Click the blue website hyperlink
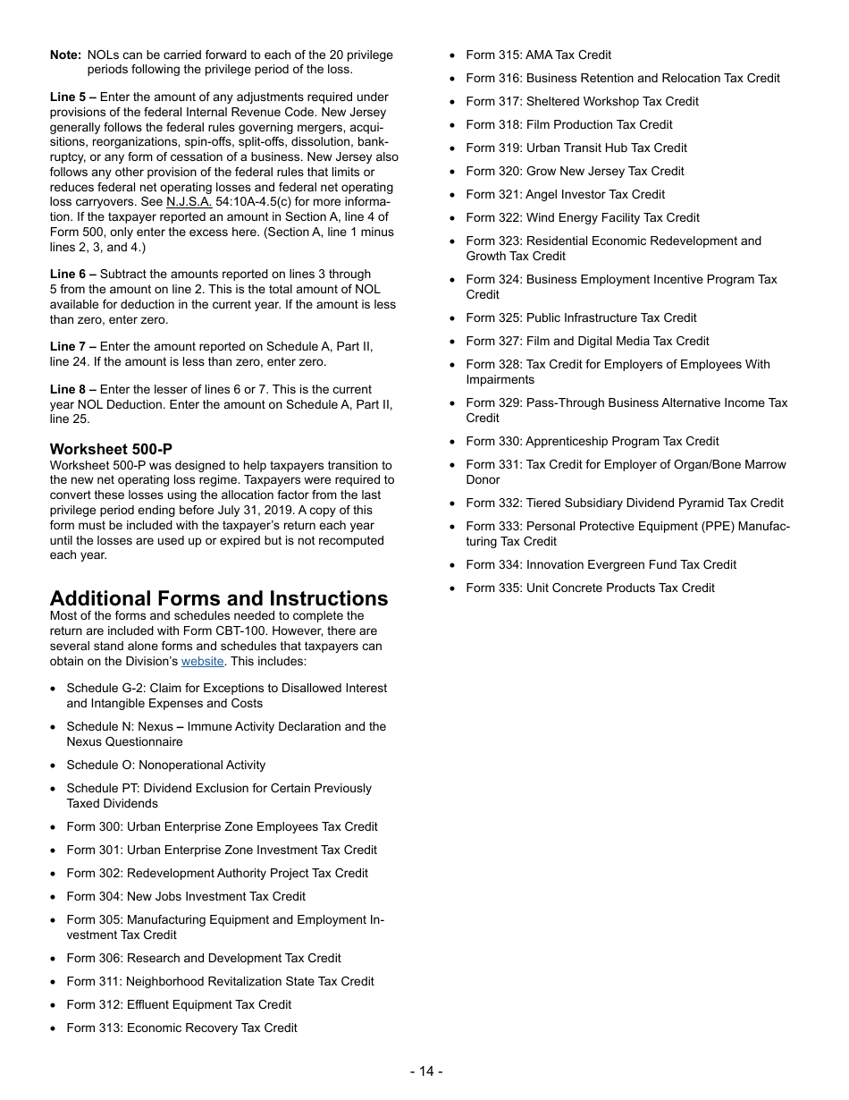[x=202, y=662]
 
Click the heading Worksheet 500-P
[x=111, y=449]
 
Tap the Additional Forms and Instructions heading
[x=219, y=598]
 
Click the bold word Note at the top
[x=65, y=55]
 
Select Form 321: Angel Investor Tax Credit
[x=565, y=194]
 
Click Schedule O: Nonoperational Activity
[x=165, y=765]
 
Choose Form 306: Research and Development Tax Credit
[x=203, y=958]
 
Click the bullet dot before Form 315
[x=453, y=55]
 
